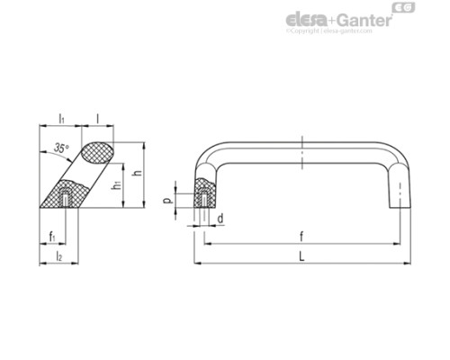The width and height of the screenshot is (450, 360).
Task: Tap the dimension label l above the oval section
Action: tap(97, 118)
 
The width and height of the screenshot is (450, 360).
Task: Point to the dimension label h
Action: tap(138, 174)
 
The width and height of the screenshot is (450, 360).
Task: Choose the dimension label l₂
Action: tap(58, 256)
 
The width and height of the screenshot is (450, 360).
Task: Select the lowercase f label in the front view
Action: tap(301, 236)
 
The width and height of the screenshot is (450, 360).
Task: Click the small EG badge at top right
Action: tap(404, 10)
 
